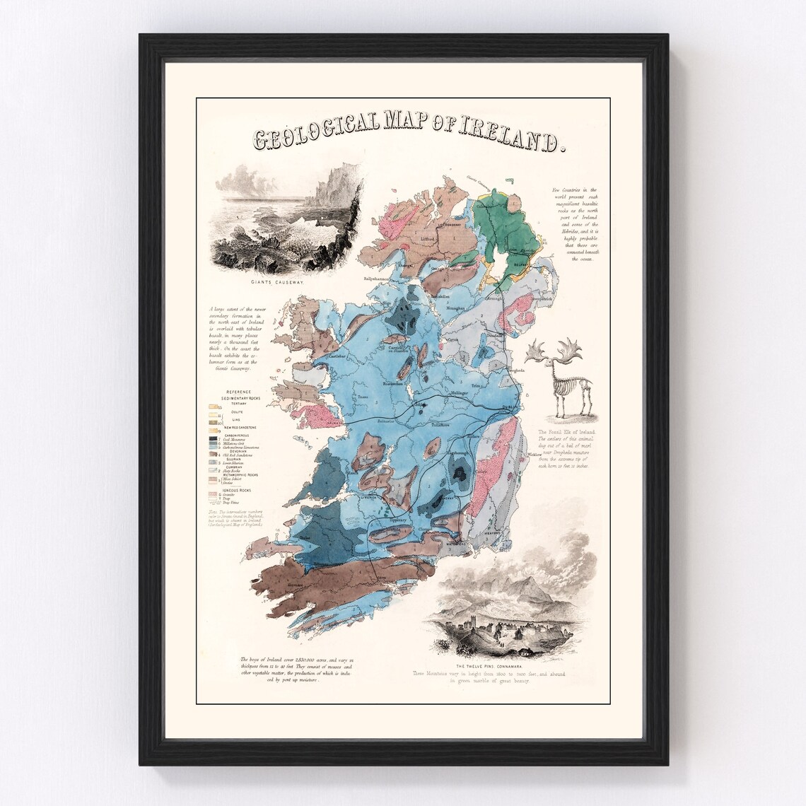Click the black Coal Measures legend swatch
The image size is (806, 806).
click(x=212, y=438)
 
